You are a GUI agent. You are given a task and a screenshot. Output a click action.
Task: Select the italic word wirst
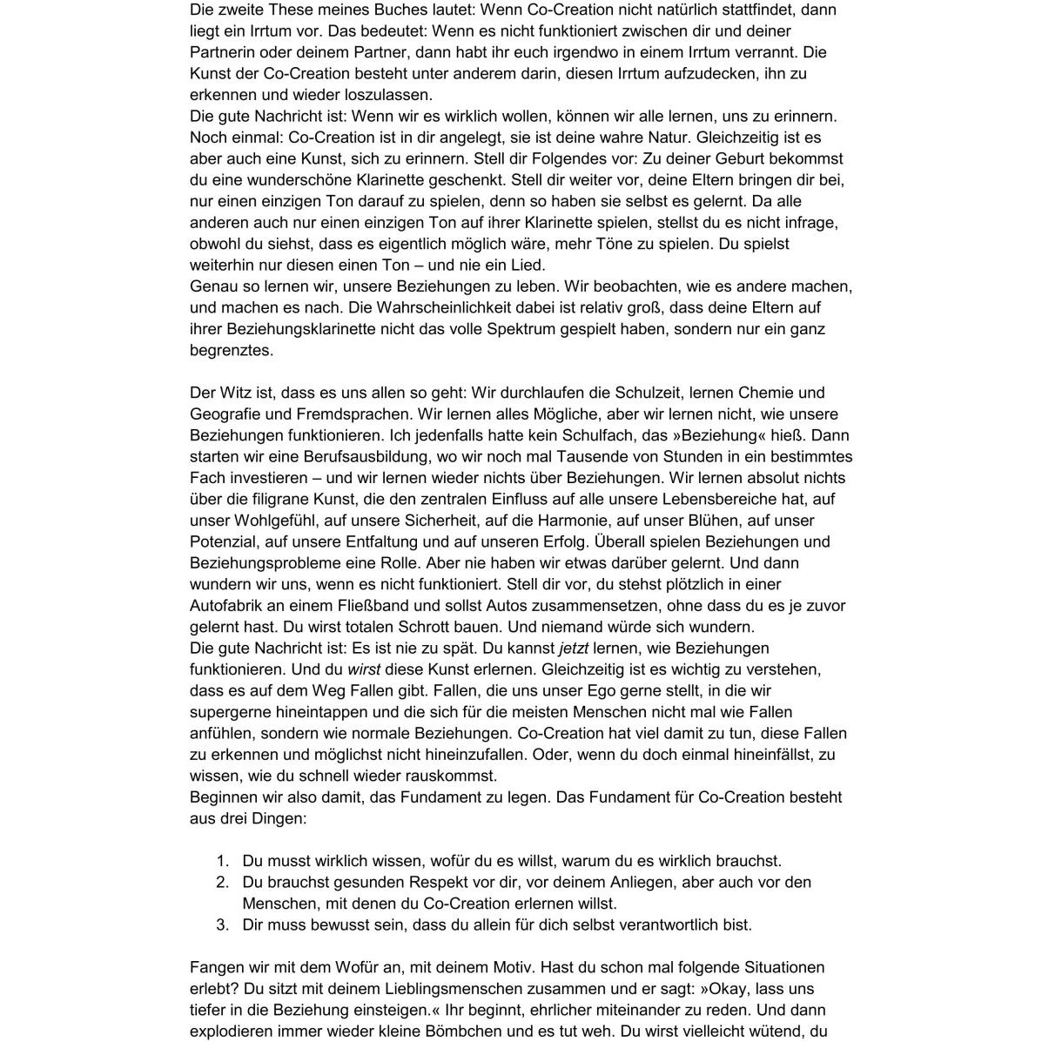pyautogui.click(x=364, y=669)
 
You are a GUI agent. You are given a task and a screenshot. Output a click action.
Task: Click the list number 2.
pyautogui.click(x=222, y=882)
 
